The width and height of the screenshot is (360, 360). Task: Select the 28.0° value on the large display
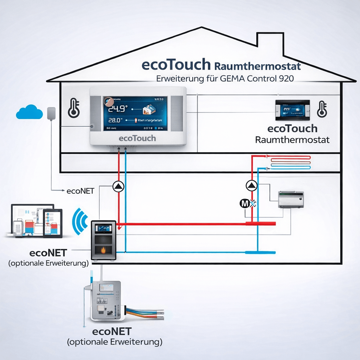[114, 121]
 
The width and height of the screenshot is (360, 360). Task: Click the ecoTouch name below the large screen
[137, 138]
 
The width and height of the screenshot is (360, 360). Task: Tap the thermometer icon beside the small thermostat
[321, 109]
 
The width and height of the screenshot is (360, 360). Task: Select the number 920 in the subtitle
[285, 79]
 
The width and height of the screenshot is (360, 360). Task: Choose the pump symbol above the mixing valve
[251, 185]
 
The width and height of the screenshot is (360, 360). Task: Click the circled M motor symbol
[244, 203]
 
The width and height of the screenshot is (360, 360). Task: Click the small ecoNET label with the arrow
[80, 191]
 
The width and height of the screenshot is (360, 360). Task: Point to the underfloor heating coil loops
[290, 162]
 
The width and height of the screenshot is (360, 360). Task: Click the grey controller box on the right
[291, 199]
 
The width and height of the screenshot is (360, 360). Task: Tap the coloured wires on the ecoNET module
[144, 313]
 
